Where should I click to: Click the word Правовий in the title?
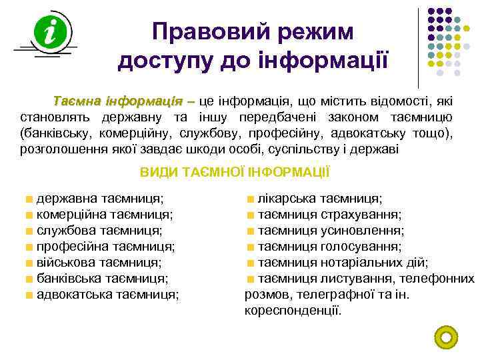click(199, 31)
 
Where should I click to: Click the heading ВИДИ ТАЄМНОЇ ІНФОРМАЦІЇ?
click(235, 172)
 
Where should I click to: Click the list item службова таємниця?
click(99, 231)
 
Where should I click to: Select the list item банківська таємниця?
click(102, 279)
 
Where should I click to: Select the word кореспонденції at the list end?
click(293, 310)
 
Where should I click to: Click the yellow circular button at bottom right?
click(446, 336)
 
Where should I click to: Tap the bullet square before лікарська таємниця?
click(251, 199)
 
